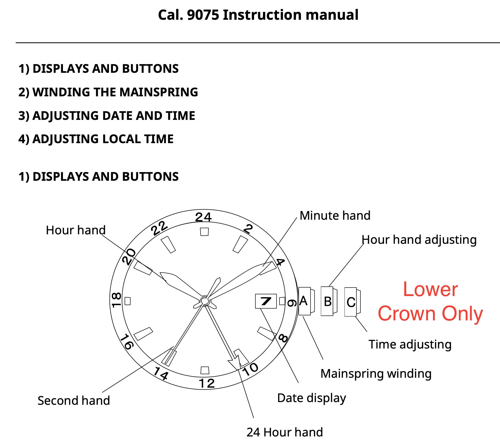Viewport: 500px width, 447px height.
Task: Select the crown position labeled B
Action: tap(327, 301)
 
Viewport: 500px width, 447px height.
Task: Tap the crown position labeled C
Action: tap(351, 302)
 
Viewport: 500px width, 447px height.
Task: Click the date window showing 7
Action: tap(266, 301)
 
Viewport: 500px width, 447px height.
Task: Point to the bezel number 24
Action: tap(203, 217)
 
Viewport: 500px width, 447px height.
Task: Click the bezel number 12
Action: tap(206, 383)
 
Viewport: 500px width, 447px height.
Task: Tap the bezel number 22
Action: tap(159, 228)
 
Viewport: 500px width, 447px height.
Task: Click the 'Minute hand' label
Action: tap(335, 216)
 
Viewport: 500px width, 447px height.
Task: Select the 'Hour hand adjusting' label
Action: tap(419, 240)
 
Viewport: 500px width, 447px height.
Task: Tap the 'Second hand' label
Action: tap(74, 400)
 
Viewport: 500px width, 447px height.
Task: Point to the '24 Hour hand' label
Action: tap(285, 432)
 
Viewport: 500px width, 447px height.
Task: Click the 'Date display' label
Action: tap(311, 398)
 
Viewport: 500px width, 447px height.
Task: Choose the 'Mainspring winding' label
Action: tap(376, 374)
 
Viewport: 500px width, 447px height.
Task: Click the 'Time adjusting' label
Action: tap(410, 344)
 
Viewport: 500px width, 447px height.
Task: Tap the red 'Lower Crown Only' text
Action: tap(430, 301)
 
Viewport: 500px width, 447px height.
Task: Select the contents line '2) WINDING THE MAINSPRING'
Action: tap(108, 92)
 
